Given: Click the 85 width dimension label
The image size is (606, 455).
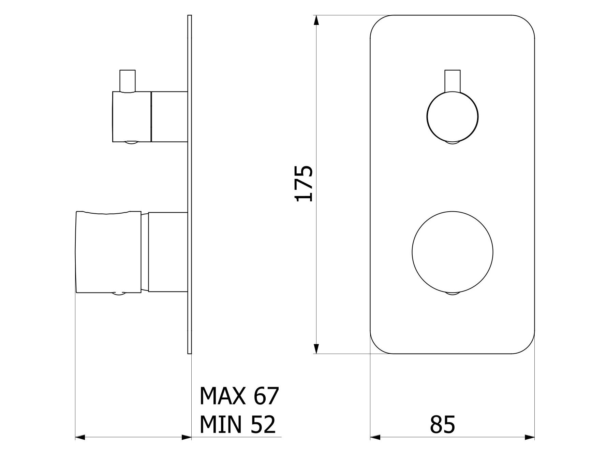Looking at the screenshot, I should pos(442,425).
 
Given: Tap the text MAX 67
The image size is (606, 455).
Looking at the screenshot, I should pos(239,396).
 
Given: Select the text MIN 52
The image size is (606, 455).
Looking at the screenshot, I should pos(237,425).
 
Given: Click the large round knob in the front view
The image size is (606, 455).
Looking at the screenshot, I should pos(452,252).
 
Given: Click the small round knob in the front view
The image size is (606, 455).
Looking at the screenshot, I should pos(452,116).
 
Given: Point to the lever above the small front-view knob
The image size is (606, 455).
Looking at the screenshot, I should pos(452,81).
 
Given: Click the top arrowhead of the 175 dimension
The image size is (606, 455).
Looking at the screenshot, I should pos(316,20).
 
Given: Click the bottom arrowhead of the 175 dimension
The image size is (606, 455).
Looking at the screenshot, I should pos(316,348).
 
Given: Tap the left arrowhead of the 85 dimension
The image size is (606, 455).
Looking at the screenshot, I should pos(375,437).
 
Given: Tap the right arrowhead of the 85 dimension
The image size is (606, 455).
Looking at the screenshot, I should pos(530,437).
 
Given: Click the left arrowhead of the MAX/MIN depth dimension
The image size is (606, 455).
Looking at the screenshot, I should pos(80,437).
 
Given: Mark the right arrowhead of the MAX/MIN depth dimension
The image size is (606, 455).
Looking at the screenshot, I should pos(187,437).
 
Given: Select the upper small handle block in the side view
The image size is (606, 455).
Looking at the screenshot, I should pos(132,116).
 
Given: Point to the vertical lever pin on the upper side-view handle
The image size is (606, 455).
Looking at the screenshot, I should pos(128,81).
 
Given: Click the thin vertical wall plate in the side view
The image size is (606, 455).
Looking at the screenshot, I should pos(190,184).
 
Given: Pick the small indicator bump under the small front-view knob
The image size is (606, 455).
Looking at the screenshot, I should pos(453,143).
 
